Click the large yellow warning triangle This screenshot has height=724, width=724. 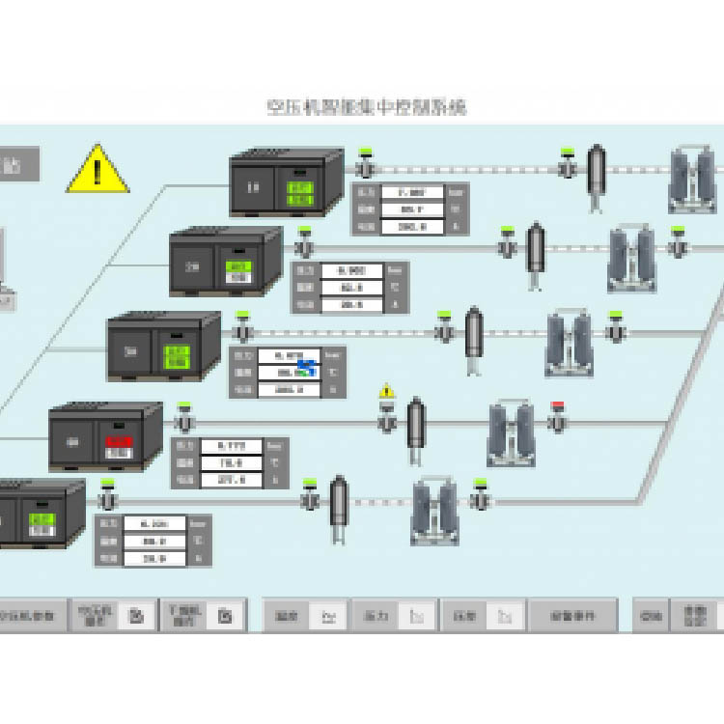pyautogui.click(x=97, y=170)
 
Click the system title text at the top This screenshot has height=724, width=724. pyautogui.click(x=366, y=107)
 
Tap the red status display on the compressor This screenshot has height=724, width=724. pyautogui.click(x=118, y=445)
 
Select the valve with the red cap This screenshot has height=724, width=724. pyautogui.click(x=557, y=418)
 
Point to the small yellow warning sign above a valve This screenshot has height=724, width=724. pyautogui.click(x=387, y=392)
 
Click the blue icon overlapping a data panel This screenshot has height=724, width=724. pyautogui.click(x=308, y=368)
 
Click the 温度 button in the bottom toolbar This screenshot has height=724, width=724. pyautogui.click(x=286, y=615)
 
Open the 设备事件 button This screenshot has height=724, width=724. pyautogui.click(x=572, y=615)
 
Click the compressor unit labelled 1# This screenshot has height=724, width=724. pyautogui.click(x=286, y=182)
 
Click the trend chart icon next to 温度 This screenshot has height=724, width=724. pyautogui.click(x=329, y=615)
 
